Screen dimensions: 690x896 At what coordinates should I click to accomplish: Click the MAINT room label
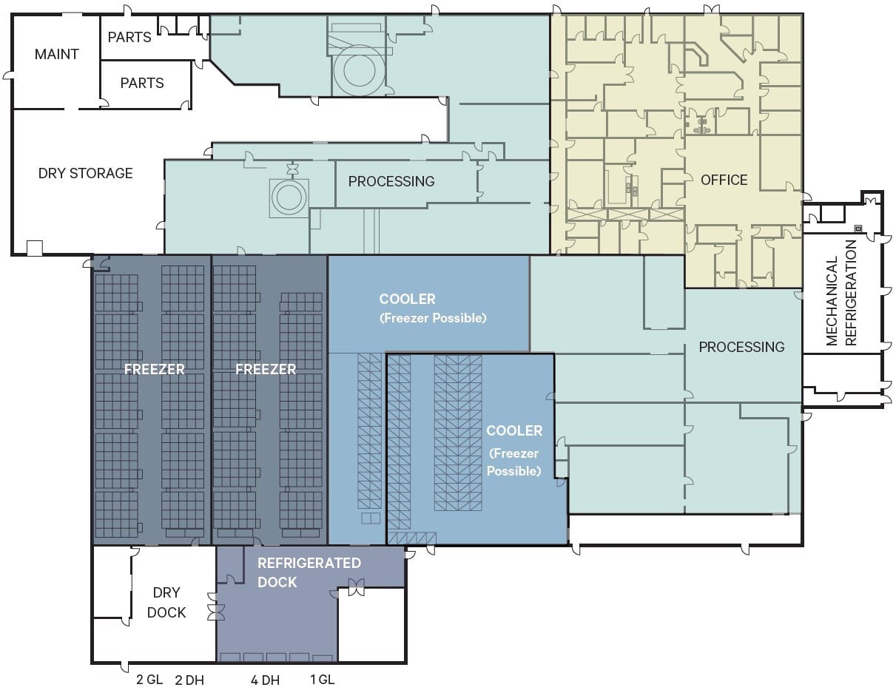coord(56,54)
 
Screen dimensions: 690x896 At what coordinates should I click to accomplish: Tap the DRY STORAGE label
coord(85,173)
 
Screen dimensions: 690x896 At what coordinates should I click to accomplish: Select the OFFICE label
coord(724,180)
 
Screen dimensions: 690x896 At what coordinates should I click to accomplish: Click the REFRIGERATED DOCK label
coord(309,572)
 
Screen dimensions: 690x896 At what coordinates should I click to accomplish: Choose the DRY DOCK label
coord(166,603)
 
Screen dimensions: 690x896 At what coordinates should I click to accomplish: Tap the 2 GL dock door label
coord(149,680)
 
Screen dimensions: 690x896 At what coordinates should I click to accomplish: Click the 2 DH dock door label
coord(189,680)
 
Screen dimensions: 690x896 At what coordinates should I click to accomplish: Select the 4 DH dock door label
coord(265,680)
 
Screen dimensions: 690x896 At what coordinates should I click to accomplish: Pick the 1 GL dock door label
coord(322,680)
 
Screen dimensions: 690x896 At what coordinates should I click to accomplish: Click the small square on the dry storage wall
coord(34,248)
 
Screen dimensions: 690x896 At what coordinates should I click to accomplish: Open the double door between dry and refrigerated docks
coord(216,612)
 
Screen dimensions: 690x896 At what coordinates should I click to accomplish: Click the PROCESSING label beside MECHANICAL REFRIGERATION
coord(741,347)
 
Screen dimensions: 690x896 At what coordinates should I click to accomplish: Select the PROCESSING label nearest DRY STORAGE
coord(391,181)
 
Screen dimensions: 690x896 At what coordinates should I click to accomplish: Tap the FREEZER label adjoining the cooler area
coord(266,369)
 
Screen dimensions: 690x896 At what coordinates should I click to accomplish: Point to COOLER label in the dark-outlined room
coord(514,430)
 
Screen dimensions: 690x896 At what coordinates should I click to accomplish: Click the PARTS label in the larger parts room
coord(142,83)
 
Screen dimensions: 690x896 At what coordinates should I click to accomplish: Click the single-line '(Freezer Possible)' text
coord(432,318)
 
